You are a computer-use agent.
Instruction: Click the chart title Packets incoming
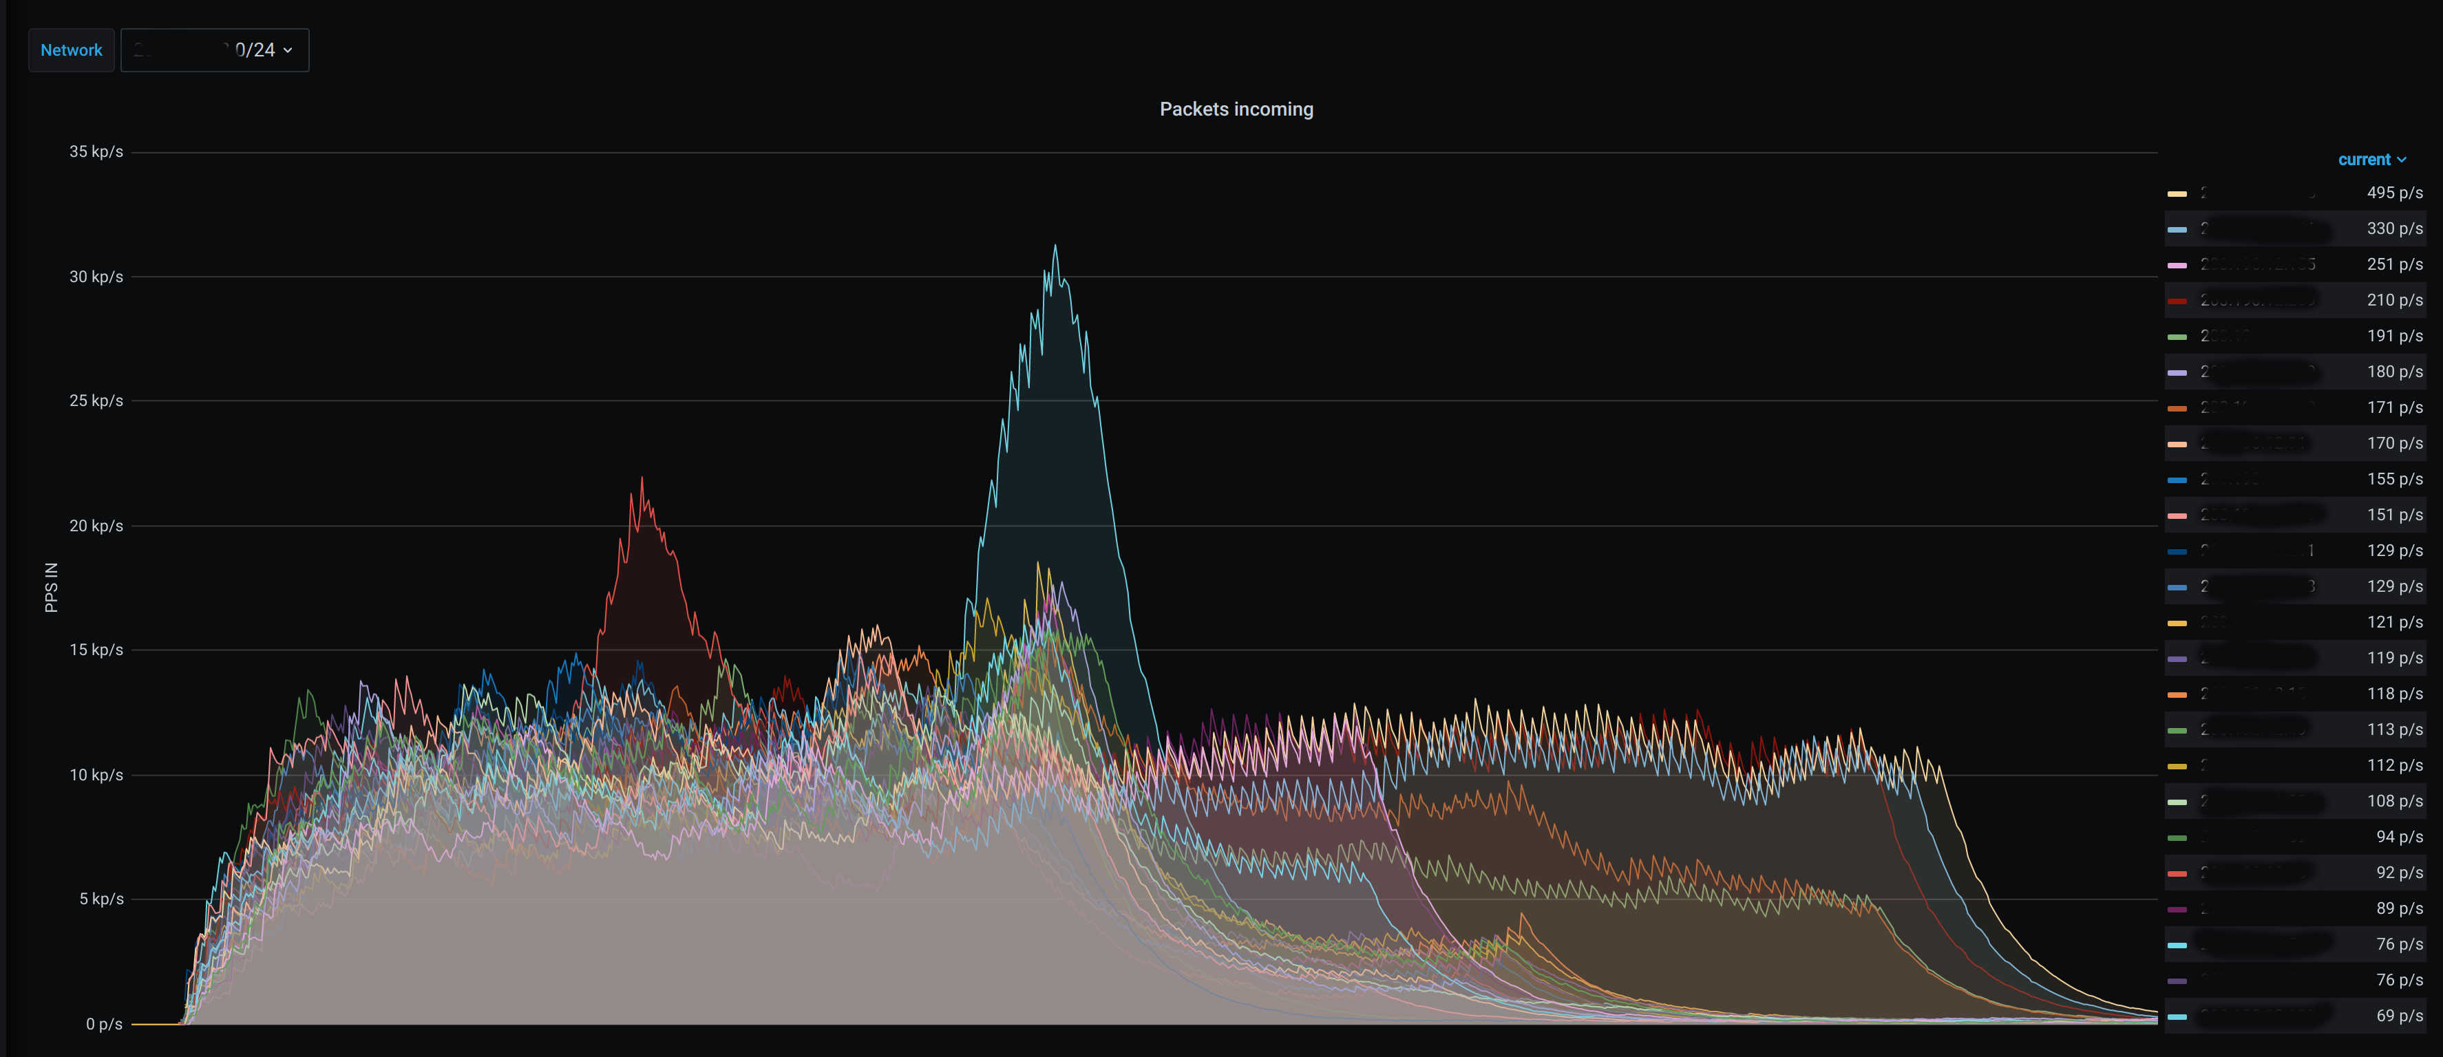click(x=1236, y=109)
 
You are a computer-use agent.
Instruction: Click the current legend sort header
click(x=2371, y=159)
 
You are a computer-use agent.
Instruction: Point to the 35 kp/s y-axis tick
click(x=96, y=151)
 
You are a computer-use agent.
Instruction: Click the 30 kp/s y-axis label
click(x=96, y=277)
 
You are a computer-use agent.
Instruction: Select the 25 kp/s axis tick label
click(x=96, y=401)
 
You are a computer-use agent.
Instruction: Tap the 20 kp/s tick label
click(x=96, y=526)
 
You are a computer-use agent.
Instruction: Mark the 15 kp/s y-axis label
click(x=96, y=650)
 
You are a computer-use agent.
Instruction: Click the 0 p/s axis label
click(x=103, y=1024)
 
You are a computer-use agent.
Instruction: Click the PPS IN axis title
click(x=51, y=587)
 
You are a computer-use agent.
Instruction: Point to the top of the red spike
click(x=642, y=479)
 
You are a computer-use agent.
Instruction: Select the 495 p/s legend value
click(x=2393, y=193)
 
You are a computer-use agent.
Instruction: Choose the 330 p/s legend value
click(x=2393, y=228)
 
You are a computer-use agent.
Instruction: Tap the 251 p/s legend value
click(x=2393, y=264)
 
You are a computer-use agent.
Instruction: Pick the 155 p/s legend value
click(x=2393, y=480)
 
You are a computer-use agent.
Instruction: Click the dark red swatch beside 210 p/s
click(x=2177, y=301)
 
